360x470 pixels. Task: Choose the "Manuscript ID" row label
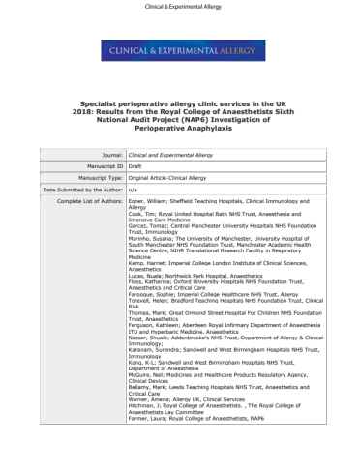point(104,166)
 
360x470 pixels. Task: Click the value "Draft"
point(135,166)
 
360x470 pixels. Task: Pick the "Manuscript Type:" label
point(98,178)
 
